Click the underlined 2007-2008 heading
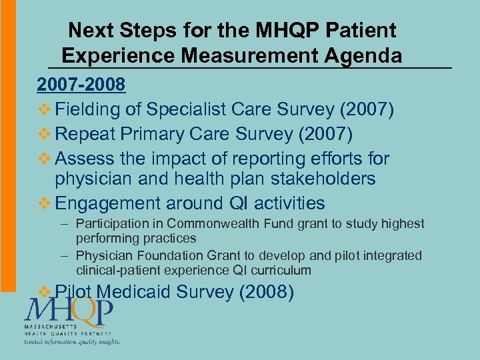tap(81, 86)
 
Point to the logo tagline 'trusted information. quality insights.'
tap(72, 342)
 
